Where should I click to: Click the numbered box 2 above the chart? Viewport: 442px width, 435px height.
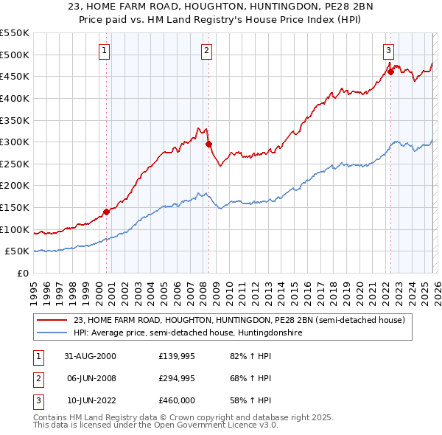(x=206, y=51)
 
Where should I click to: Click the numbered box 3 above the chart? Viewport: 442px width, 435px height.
(x=387, y=51)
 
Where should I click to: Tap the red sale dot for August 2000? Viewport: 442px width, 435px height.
(x=106, y=212)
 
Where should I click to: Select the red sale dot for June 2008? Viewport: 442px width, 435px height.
(x=208, y=145)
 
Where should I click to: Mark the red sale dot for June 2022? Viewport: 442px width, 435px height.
(x=390, y=72)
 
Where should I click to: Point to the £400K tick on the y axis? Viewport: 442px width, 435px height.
(x=15, y=98)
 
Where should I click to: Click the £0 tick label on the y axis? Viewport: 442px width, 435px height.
(x=22, y=273)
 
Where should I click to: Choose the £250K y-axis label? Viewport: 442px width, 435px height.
(x=15, y=164)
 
